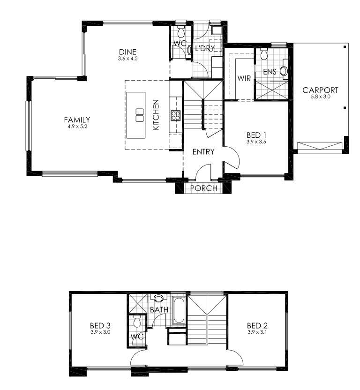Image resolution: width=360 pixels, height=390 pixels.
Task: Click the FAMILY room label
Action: coord(77,120)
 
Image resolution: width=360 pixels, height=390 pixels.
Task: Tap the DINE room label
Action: coord(127,52)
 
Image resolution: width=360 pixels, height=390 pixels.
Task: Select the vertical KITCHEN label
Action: coord(156,115)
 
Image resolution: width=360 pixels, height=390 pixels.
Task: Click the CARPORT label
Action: coord(320,90)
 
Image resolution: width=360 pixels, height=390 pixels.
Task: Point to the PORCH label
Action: coord(203,188)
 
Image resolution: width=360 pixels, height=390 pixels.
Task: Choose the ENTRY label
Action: coord(203,152)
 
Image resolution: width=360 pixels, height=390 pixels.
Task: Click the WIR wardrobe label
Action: coord(244,78)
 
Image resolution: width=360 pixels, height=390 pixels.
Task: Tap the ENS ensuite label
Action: coord(270,72)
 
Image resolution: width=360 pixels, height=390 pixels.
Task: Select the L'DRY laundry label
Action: coord(205,48)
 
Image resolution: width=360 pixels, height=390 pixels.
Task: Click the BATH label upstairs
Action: coord(159,310)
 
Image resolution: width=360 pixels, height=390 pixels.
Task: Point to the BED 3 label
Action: coord(100,326)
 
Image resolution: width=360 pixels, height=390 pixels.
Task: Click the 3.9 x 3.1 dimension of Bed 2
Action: coord(257,332)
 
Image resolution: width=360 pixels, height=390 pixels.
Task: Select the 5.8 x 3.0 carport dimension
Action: coord(321,97)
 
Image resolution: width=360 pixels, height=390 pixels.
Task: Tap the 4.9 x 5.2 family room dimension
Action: coord(77,127)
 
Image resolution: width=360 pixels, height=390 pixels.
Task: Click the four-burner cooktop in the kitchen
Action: coord(175,116)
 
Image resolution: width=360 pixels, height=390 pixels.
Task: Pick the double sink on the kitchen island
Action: coord(140,115)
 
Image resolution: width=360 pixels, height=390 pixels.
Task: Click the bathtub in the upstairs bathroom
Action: coord(179,311)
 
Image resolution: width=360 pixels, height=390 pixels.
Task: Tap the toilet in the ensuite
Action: coord(264,53)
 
